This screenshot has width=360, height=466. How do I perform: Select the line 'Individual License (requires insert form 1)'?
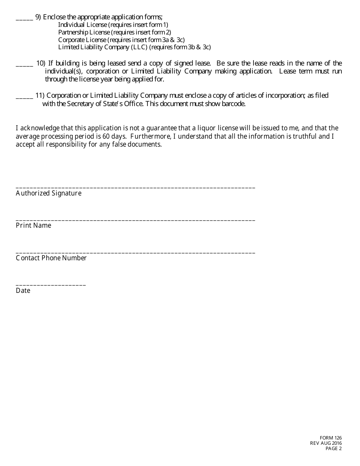[x=113, y=25]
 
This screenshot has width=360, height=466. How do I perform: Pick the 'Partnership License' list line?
[x=114, y=32]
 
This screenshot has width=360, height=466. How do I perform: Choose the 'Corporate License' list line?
[x=121, y=40]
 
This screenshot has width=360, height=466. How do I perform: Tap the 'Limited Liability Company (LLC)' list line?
[x=134, y=47]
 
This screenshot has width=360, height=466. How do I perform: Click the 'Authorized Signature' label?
[x=49, y=193]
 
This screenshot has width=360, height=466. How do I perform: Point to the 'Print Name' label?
[x=33, y=225]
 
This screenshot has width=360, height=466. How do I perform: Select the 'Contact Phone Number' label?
[x=51, y=258]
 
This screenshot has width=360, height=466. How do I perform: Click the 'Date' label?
[x=23, y=291]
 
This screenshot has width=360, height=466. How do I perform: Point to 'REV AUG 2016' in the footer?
[x=326, y=443]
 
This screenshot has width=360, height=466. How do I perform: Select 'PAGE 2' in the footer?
[x=333, y=449]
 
